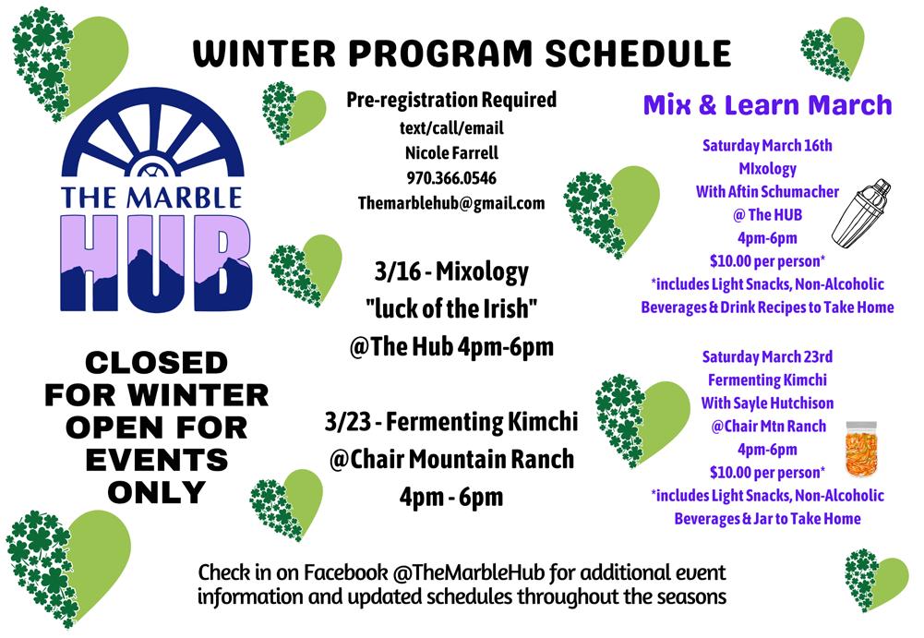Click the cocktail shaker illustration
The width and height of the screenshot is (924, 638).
[861, 212]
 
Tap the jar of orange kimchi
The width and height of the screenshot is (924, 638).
[861, 449]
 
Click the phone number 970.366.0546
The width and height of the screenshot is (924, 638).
[451, 178]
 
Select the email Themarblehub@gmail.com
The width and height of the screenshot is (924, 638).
[451, 203]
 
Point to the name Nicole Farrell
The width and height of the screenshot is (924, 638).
[451, 153]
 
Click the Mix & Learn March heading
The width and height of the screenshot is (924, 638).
[767, 105]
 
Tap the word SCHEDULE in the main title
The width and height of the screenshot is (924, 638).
[638, 54]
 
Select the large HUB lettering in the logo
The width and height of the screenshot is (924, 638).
[156, 263]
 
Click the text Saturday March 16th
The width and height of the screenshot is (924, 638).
[767, 146]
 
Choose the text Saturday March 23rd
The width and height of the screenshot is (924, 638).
[767, 356]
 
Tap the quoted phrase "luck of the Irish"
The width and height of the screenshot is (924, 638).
[451, 308]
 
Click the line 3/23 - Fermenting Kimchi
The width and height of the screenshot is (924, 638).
[451, 422]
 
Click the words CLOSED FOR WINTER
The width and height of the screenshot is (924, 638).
[157, 379]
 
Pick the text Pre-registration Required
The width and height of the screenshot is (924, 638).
[451, 101]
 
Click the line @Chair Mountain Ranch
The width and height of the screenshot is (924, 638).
[451, 459]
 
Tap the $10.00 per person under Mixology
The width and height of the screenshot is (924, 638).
[767, 261]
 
